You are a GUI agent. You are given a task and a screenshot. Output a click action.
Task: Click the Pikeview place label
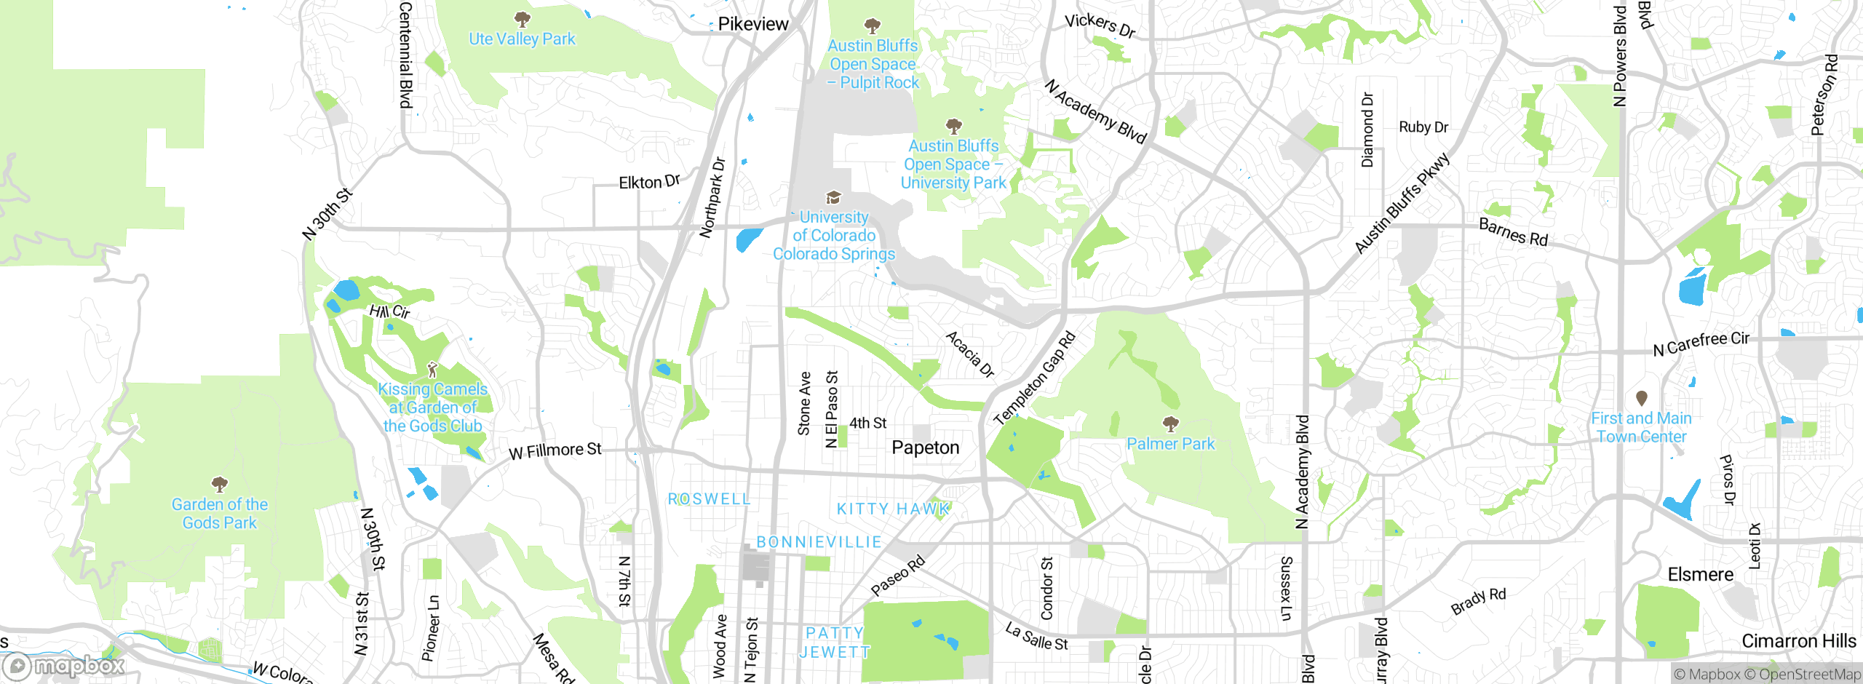pyautogui.click(x=752, y=24)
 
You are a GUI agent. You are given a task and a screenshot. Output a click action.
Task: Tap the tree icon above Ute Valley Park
pyautogui.click(x=522, y=19)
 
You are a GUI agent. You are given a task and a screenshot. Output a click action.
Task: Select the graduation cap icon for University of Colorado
pyautogui.click(x=833, y=197)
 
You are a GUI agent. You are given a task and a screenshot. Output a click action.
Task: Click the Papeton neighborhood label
pyautogui.click(x=925, y=448)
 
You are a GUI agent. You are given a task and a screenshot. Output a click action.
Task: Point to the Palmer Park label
pyautogui.click(x=1170, y=444)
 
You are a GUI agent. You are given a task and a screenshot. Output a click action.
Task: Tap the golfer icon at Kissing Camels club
pyautogui.click(x=432, y=370)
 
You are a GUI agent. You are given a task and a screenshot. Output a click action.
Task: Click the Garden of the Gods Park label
pyautogui.click(x=219, y=513)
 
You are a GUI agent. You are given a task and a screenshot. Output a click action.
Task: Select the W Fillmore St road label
pyautogui.click(x=555, y=451)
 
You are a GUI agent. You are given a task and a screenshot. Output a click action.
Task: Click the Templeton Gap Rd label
pyautogui.click(x=1033, y=379)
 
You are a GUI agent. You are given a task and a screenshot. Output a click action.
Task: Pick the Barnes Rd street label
pyautogui.click(x=1513, y=233)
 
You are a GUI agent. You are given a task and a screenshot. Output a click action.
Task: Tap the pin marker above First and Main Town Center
pyautogui.click(x=1641, y=398)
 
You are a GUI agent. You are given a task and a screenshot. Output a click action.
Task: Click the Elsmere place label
pyautogui.click(x=1700, y=575)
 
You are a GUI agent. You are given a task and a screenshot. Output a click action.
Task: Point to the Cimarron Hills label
pyautogui.click(x=1798, y=641)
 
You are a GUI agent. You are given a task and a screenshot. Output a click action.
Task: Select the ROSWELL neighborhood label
pyautogui.click(x=709, y=499)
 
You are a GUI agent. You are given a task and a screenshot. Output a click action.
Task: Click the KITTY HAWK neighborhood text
pyautogui.click(x=892, y=509)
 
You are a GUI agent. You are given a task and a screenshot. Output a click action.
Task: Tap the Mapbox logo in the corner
pyautogui.click(x=64, y=665)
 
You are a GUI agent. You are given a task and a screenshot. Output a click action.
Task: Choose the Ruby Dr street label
pyautogui.click(x=1423, y=127)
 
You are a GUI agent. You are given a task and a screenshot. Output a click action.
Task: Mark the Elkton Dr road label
pyautogui.click(x=649, y=182)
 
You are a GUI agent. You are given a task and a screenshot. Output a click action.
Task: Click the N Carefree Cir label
pyautogui.click(x=1701, y=343)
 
